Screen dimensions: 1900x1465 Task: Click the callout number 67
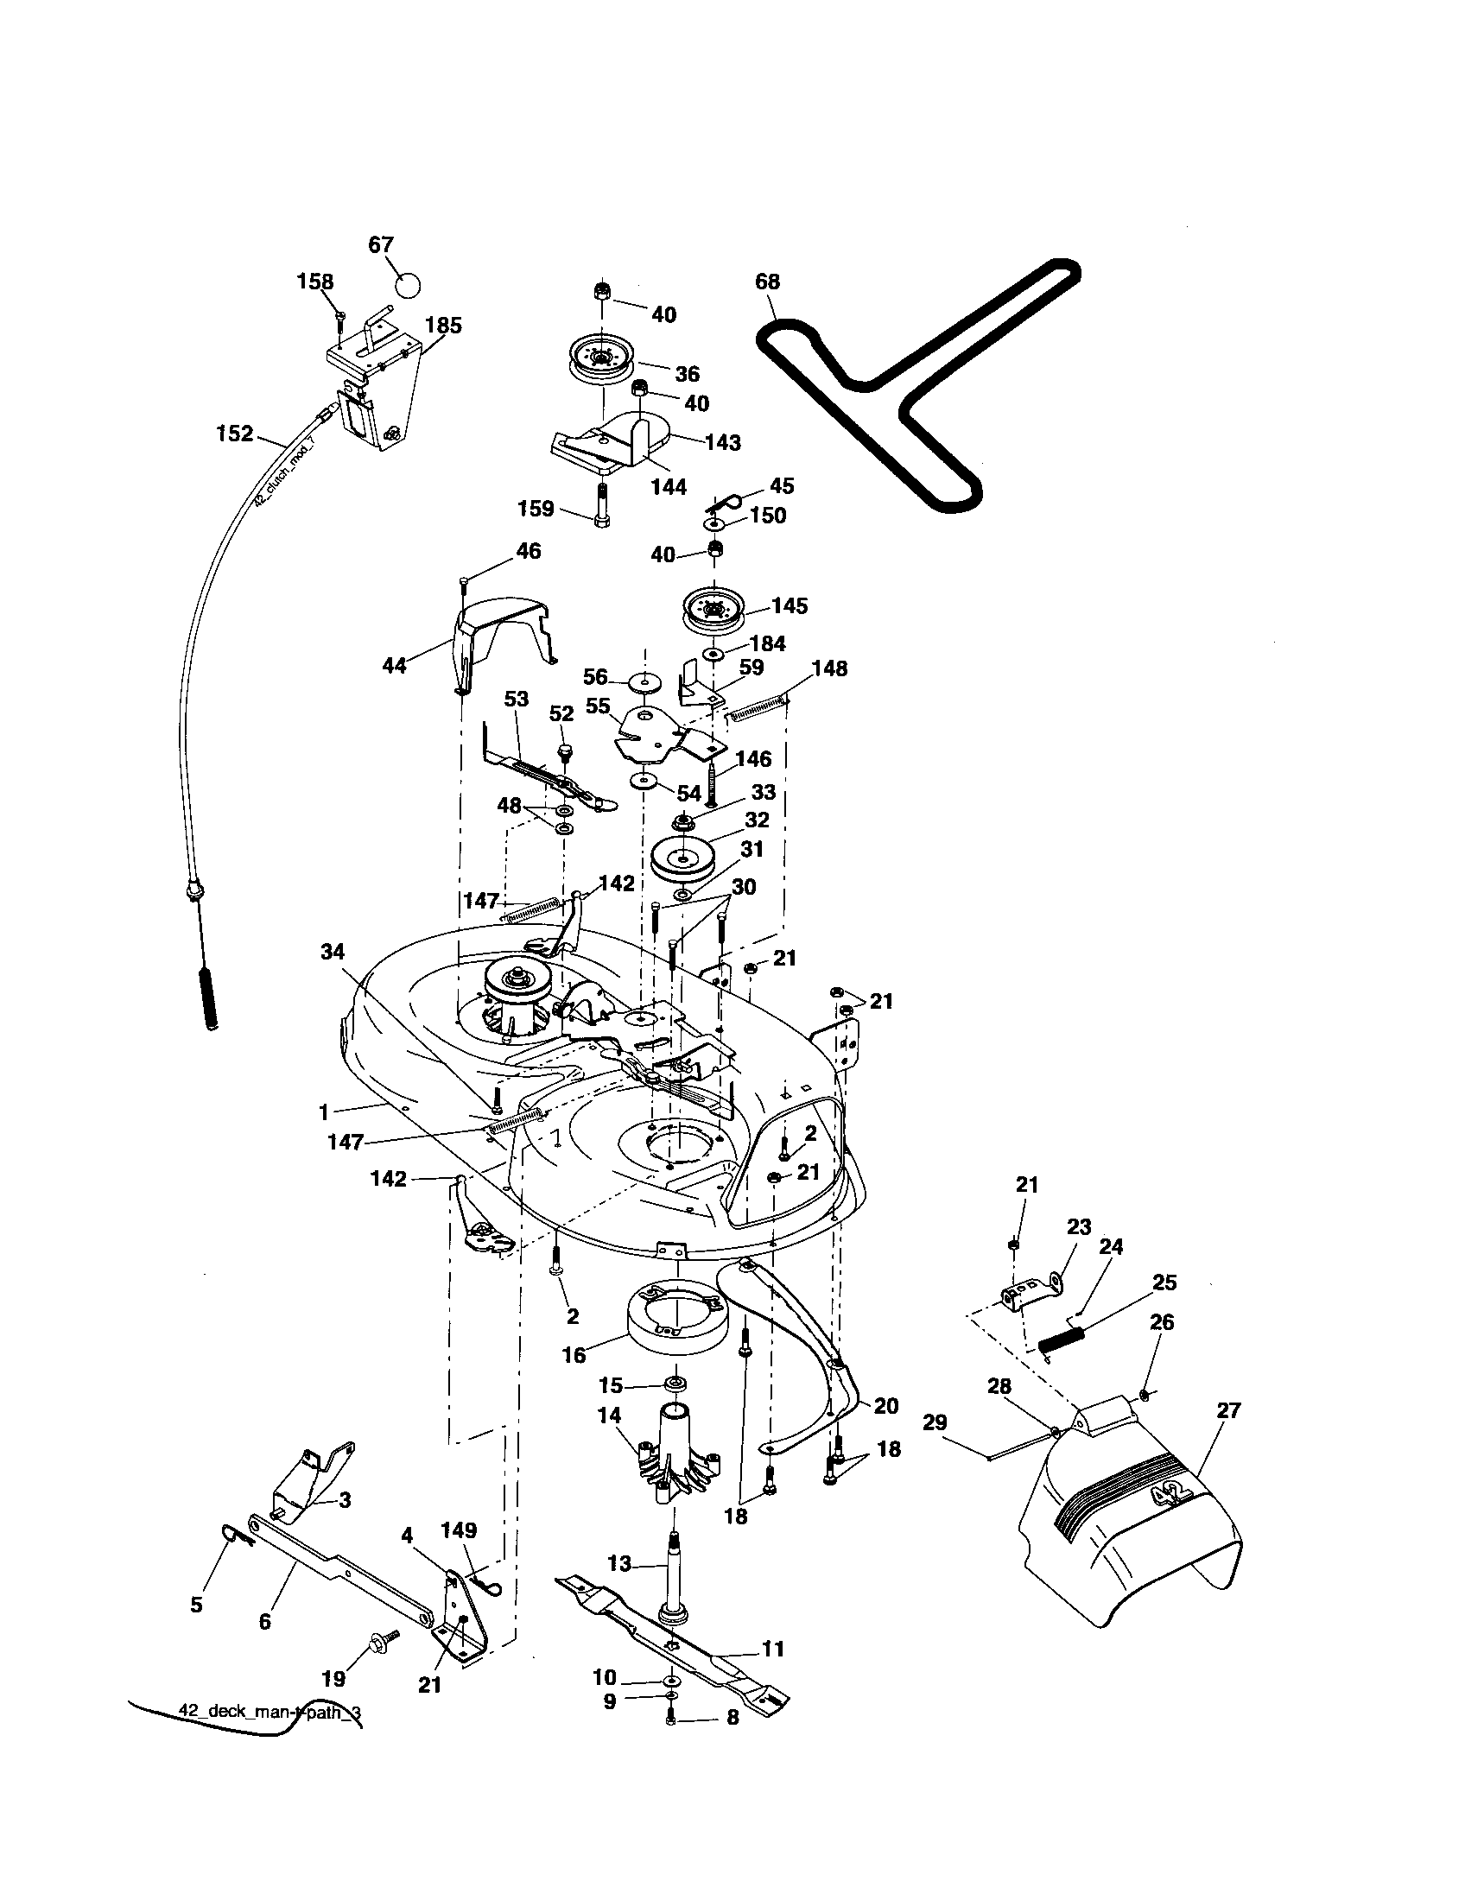381,245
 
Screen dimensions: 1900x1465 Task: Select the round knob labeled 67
407,284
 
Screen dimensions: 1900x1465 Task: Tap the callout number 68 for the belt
768,281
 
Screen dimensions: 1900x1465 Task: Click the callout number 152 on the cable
234,434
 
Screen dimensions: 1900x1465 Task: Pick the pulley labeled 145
714,608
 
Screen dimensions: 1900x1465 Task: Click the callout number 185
443,326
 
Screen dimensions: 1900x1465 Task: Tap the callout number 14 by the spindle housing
610,1415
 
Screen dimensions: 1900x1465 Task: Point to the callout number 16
574,1354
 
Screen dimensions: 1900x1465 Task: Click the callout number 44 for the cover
395,667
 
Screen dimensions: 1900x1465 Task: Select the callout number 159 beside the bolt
536,508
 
